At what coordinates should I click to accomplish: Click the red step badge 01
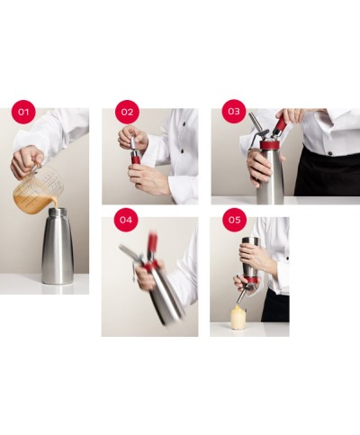[23, 113]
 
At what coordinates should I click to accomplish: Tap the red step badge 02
[127, 113]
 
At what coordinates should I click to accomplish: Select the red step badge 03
[234, 111]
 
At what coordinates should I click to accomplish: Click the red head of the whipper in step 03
[269, 143]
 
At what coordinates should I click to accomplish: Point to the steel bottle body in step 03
[270, 177]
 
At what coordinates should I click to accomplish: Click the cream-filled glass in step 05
[238, 317]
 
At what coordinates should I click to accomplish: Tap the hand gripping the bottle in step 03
[258, 167]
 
